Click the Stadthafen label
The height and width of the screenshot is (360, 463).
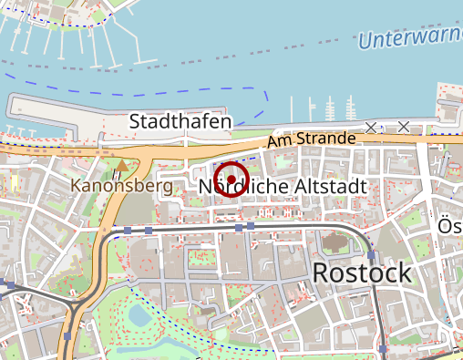tap(180, 121)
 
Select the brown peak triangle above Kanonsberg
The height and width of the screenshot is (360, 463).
tap(122, 166)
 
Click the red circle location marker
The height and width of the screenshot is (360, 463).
tap(231, 179)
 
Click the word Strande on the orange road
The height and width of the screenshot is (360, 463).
tap(326, 139)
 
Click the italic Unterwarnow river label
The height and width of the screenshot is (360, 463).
tap(410, 38)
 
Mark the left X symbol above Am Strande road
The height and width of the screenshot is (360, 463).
tap(370, 127)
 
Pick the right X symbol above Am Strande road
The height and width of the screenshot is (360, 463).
tap(403, 127)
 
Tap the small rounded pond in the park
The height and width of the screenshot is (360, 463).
tap(139, 316)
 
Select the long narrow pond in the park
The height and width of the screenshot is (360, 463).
tap(179, 345)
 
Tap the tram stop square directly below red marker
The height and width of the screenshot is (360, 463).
tap(239, 226)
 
